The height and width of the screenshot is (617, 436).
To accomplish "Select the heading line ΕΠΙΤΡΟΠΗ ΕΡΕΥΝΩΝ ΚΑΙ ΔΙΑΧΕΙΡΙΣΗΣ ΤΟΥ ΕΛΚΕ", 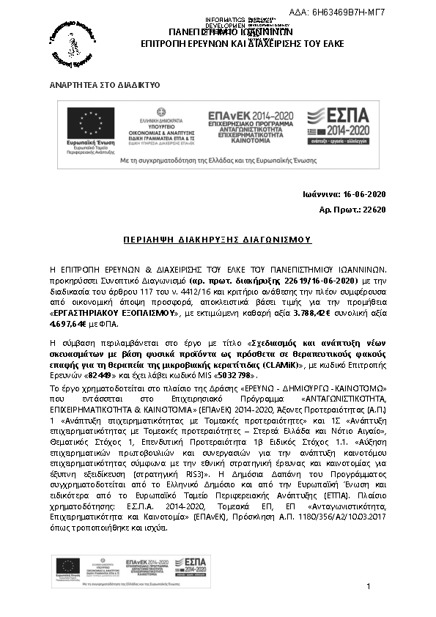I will (x=230, y=45).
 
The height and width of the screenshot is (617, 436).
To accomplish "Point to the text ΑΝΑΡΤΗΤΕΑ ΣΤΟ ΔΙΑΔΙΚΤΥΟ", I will (x=104, y=86).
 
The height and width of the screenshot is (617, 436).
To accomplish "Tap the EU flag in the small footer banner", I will (x=67, y=565).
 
